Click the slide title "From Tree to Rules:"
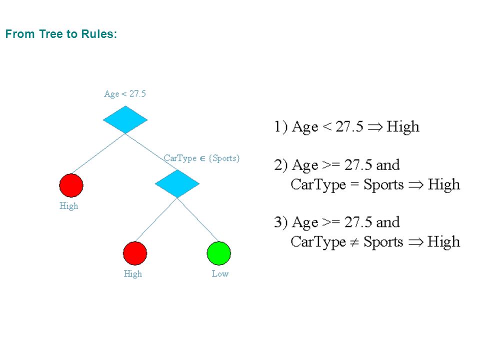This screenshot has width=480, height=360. (x=61, y=34)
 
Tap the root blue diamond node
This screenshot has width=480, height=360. (x=125, y=119)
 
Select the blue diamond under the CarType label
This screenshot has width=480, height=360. (x=177, y=183)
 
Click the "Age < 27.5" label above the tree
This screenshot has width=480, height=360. (x=125, y=93)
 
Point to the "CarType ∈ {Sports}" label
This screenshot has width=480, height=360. (x=201, y=158)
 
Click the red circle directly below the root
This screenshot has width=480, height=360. (x=71, y=185)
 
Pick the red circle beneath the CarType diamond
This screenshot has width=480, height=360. (x=135, y=253)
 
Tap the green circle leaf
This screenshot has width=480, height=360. (x=219, y=253)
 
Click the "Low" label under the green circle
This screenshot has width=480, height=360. (x=220, y=273)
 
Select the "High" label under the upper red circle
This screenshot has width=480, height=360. (x=69, y=205)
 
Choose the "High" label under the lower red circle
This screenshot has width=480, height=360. (x=133, y=273)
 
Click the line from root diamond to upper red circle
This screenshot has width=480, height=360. (x=98, y=153)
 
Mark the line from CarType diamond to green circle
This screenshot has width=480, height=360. (x=197, y=219)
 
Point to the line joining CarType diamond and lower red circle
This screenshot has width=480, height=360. (x=156, y=219)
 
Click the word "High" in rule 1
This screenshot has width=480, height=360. (x=403, y=126)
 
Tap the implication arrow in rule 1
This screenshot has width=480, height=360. (x=375, y=127)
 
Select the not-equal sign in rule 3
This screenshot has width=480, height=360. (x=354, y=242)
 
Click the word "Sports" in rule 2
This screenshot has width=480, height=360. (x=383, y=185)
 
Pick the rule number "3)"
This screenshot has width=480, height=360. (x=280, y=222)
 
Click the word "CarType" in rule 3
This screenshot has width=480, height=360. (x=318, y=242)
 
